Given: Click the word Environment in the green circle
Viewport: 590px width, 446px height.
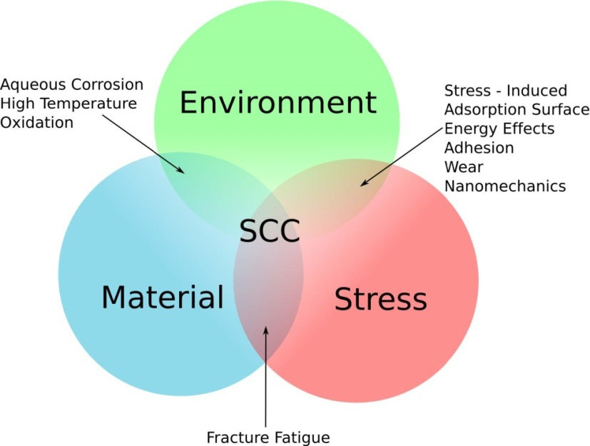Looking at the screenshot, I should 278,103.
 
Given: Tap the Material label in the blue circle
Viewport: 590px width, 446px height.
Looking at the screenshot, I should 162,297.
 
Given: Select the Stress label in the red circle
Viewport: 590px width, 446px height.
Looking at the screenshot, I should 380,299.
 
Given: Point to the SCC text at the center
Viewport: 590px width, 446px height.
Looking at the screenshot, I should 270,231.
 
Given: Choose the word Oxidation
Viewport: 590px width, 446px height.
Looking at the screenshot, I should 37,122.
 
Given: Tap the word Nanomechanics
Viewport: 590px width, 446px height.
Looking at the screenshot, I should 505,186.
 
